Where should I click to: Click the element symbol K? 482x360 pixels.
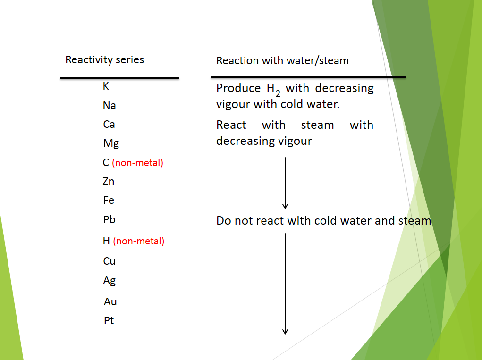pos(106,86)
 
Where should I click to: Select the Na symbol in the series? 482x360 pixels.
pos(109,106)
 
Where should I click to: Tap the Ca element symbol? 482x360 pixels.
pos(109,125)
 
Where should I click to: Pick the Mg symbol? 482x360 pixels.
pos(111,144)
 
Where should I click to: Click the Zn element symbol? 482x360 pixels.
pos(109,182)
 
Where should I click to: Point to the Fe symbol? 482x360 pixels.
pos(109,201)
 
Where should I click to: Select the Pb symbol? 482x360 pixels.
pos(109,220)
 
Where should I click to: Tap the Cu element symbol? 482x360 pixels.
pos(109,261)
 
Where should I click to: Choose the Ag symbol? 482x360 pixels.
pos(109,281)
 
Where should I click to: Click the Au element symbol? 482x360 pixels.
pos(110,302)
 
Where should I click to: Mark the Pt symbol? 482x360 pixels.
pos(109,321)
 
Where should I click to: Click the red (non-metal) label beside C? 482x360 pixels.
pos(137,163)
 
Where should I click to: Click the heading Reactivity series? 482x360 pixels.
pos(104,60)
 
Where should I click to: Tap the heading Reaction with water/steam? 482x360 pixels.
pos(282,61)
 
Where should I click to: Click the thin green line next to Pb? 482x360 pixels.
pos(169,220)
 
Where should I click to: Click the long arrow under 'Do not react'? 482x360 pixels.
pos(285,284)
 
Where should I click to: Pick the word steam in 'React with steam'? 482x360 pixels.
pos(317,126)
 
